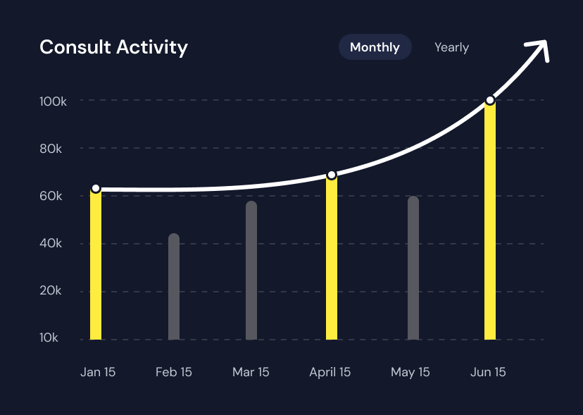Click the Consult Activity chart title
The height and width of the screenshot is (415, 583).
click(113, 47)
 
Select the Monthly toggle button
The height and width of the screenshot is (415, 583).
click(375, 47)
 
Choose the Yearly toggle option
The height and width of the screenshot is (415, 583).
click(451, 47)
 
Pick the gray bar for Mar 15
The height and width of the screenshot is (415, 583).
click(251, 271)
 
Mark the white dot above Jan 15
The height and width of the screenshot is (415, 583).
click(96, 189)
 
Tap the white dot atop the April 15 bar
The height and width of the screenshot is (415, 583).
click(332, 175)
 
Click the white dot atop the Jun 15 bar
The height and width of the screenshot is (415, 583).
click(490, 101)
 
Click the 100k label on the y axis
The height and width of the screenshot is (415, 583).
click(53, 101)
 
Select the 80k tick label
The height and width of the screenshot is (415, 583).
click(51, 149)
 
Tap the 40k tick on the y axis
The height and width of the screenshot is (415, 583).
click(51, 244)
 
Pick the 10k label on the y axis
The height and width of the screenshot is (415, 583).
click(49, 338)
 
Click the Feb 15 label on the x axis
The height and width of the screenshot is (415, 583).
click(174, 372)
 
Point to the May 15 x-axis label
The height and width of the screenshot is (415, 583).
click(410, 372)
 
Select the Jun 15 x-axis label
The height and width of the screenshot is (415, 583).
click(488, 372)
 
